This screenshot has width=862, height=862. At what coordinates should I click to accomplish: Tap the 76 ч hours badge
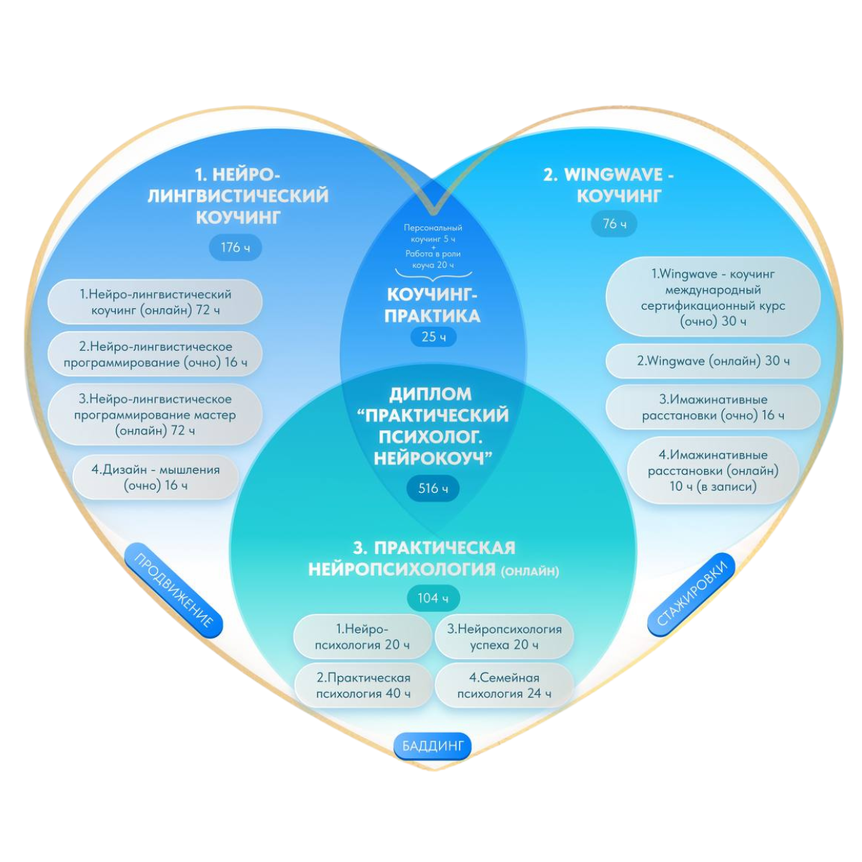coord(614,224)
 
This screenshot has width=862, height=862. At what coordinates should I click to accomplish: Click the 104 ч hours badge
coord(433,598)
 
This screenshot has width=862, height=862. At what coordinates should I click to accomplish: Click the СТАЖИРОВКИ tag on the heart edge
coord(692,595)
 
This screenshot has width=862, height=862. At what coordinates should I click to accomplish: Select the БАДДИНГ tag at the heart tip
coord(432,746)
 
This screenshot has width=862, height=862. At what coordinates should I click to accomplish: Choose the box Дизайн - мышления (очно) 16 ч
coord(155,478)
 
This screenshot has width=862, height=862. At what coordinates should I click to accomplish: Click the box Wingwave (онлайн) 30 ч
coord(713,361)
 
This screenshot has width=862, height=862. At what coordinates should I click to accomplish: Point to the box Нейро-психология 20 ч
coord(362,637)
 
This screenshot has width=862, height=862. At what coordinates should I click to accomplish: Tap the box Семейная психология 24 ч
coord(504,685)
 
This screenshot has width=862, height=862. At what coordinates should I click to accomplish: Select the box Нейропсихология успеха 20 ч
coord(504,637)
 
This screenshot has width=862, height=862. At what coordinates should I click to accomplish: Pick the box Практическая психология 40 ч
coord(363,685)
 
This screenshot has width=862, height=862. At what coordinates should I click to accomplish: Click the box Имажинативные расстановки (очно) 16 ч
coord(713,407)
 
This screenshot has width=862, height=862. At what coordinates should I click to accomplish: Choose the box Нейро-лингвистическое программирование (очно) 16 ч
coord(155,354)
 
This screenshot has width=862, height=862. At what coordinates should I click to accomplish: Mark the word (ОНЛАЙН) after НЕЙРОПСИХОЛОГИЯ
coord(529,572)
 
